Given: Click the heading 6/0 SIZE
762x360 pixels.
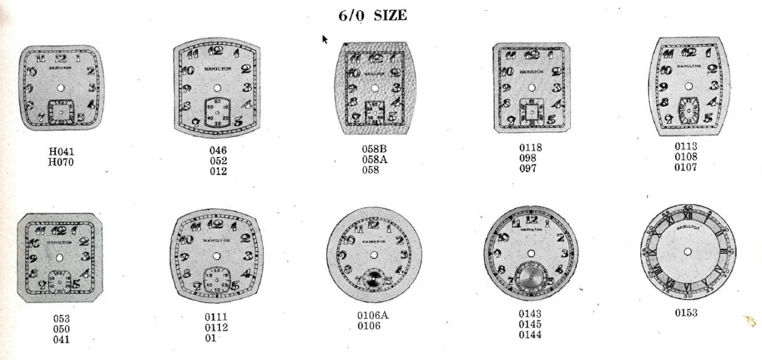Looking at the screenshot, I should [373, 15].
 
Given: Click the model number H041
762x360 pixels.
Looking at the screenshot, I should [62, 152].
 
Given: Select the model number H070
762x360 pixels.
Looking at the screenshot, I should [62, 162].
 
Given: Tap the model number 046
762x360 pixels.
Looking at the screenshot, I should [218, 150].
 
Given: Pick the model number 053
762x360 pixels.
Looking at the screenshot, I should [62, 318].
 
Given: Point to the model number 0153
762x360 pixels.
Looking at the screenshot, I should [686, 312].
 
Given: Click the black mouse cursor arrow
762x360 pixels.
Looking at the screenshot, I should [325, 39].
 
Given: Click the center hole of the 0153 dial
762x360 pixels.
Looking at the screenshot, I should [689, 253].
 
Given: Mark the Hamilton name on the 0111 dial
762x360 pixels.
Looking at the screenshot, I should [217, 241].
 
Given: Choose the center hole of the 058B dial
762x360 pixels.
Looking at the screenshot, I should [374, 86].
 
